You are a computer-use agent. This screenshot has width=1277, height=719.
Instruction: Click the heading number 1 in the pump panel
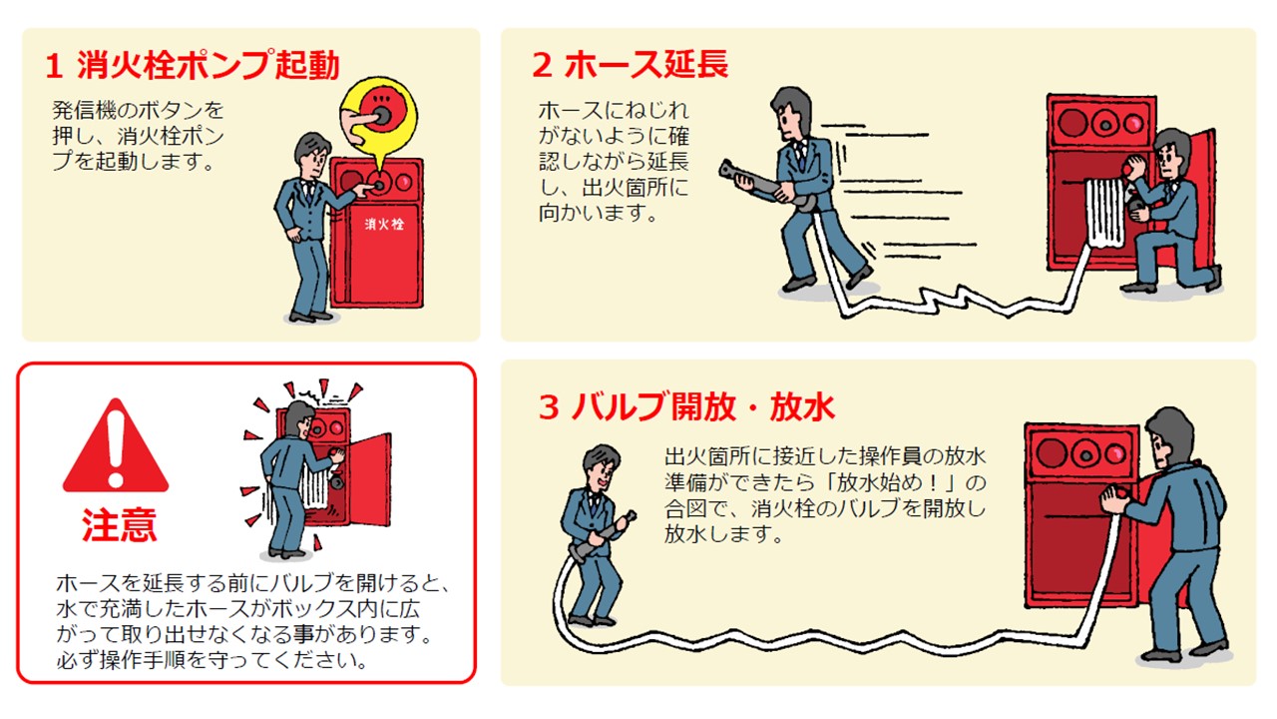coord(56,66)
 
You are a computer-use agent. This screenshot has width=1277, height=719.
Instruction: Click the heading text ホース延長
coord(645,65)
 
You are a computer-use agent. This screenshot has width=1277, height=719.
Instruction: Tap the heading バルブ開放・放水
coord(703,407)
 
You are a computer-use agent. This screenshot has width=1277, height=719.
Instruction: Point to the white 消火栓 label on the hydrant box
coord(383,225)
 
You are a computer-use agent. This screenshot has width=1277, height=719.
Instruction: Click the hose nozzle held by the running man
coord(746,179)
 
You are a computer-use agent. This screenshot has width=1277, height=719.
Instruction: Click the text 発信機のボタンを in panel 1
coord(138,110)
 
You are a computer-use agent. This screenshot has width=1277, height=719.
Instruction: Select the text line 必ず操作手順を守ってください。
coord(212,660)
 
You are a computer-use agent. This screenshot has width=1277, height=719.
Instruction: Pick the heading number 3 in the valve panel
coord(548,408)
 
